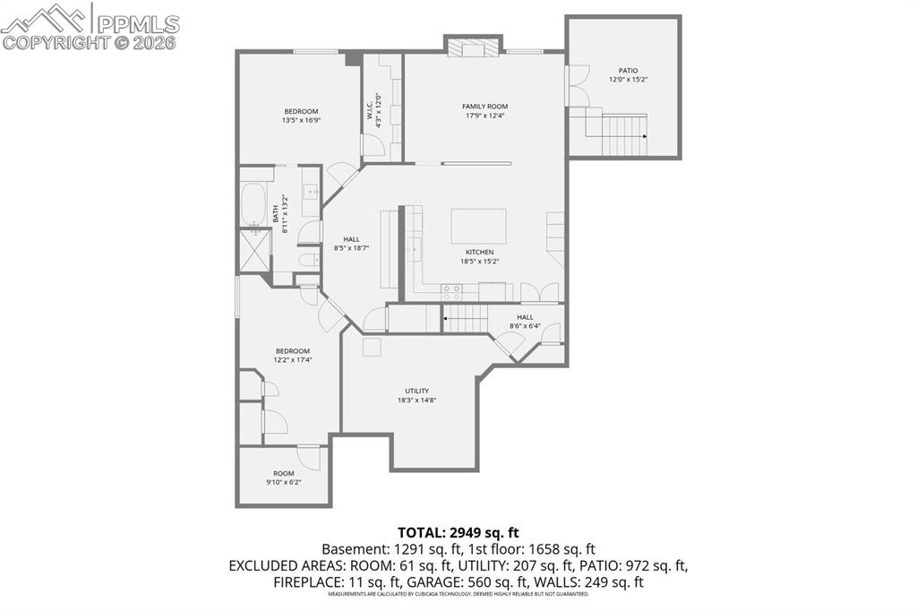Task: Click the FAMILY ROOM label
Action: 484,107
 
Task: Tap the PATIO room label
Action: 628,71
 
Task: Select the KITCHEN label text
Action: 478,253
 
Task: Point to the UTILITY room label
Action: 416,391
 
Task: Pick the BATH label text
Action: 276,214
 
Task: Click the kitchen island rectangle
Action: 478,226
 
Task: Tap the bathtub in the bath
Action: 253,204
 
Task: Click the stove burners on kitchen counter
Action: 452,291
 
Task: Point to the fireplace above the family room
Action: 474,47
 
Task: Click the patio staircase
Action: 622,134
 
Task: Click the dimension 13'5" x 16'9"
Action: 301,120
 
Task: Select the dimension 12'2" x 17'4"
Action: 292,360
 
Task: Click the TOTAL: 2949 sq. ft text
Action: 458,532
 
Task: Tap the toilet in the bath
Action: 306,261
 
